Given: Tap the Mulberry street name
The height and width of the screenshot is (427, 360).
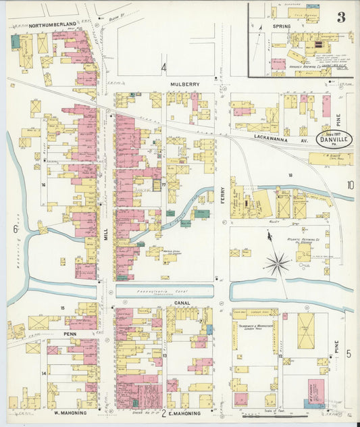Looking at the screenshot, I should pos(184,84).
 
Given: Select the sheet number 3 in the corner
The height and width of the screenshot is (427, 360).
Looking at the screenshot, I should pos(342,11).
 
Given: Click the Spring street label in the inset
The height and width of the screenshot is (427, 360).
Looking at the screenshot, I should pos(282,26).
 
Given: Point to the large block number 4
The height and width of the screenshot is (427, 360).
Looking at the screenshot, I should pos(163,67).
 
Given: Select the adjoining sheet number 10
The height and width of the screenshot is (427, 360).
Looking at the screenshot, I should pos(350,185).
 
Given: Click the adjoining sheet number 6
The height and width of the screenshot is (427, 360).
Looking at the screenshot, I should pos(15,229).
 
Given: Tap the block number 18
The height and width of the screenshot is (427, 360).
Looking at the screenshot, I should pos(290,175).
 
